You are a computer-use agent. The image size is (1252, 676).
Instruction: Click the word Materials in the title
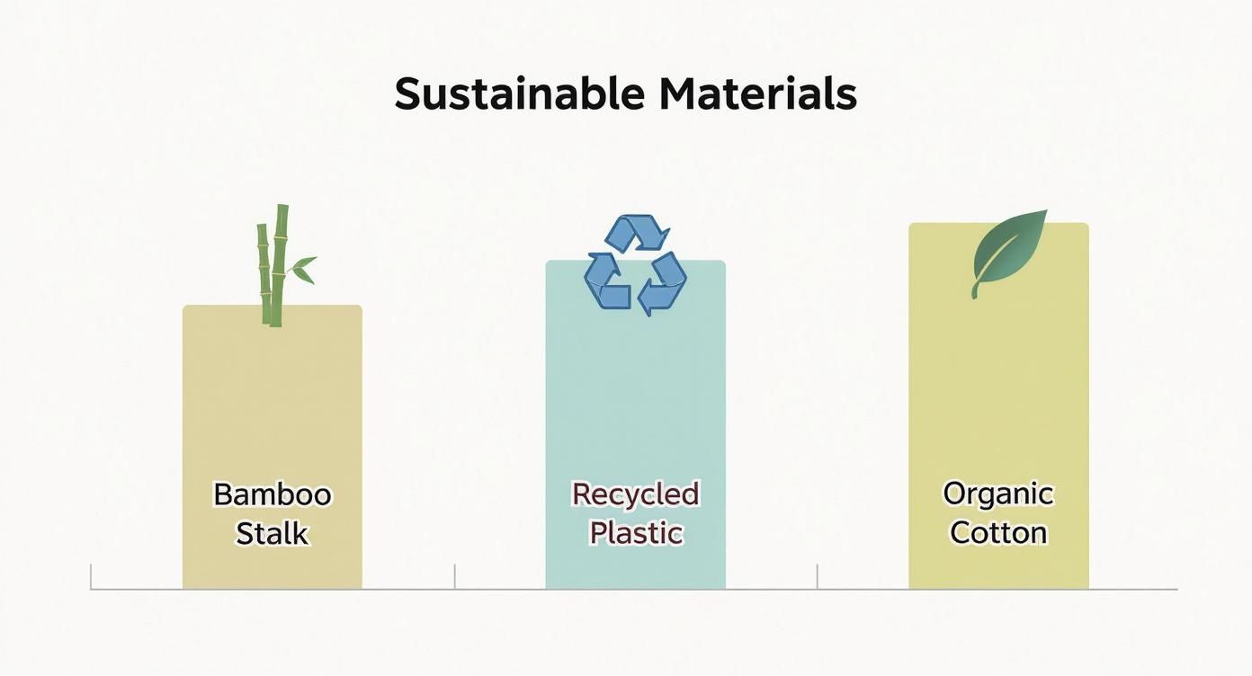point(757,94)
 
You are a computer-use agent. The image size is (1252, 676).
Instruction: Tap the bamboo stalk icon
point(273,265)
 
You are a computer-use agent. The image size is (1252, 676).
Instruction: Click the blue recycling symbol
point(636,266)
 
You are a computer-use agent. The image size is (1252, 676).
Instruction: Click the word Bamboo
point(272,494)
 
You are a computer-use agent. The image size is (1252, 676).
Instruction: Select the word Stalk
point(272,533)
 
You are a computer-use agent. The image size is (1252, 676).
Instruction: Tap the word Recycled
point(635,494)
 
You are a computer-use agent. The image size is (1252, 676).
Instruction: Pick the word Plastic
point(635,532)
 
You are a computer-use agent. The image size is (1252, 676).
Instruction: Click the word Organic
point(997,494)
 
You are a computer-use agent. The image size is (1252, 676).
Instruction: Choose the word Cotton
point(998,532)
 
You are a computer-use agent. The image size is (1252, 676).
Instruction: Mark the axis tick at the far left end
point(92,576)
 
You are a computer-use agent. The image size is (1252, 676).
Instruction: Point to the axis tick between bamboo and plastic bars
point(454,576)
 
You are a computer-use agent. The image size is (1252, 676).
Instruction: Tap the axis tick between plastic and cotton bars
point(818,576)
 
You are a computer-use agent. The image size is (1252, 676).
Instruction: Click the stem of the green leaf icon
point(975,289)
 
